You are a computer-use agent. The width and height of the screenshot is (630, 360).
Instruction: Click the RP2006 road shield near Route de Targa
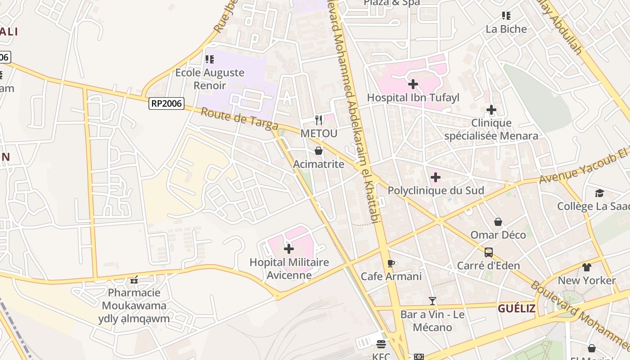tap(166, 103)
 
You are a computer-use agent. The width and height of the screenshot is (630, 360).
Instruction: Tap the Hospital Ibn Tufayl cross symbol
tap(413, 84)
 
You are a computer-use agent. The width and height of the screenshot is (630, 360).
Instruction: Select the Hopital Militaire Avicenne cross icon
tap(289, 249)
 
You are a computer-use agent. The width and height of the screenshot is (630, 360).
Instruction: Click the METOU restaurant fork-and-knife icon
tap(319, 120)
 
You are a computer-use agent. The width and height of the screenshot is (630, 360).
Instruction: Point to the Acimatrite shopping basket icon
tap(319, 151)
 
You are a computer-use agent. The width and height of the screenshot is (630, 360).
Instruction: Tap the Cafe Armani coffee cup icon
tap(391, 263)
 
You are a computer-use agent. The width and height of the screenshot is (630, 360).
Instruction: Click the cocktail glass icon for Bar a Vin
tap(432, 301)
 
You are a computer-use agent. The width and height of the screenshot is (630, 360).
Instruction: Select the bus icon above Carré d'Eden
tap(488, 252)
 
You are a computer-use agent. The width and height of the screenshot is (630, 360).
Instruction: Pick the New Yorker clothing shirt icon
tap(586, 267)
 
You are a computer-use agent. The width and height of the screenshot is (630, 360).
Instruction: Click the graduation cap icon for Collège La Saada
tap(599, 193)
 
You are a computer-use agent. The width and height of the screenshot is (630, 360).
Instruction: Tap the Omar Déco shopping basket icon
tap(498, 222)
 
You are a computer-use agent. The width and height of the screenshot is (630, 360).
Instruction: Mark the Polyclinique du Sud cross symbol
tap(436, 177)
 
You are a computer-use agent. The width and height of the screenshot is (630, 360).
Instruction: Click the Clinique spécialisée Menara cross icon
tap(491, 110)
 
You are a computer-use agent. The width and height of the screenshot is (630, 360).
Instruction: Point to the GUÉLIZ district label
tap(516, 309)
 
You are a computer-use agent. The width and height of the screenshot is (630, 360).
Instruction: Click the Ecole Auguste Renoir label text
tap(210, 79)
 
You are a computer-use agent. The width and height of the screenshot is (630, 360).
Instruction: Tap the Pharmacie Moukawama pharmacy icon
tap(134, 280)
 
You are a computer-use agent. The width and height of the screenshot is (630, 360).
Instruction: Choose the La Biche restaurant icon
tap(506, 16)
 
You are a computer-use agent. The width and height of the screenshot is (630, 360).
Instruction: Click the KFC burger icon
tap(381, 345)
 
